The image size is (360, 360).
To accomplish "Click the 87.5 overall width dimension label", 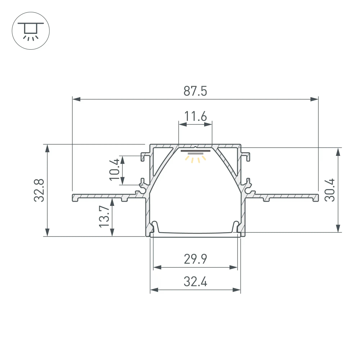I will coord(195,91).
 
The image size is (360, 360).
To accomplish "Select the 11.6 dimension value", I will coord(195,117).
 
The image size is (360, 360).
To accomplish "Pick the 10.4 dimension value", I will coord(114,170).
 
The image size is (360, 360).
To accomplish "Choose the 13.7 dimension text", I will coord(104,216).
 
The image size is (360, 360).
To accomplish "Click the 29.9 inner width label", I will coord(195,259).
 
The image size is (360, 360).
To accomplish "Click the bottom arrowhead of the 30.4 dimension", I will coord(338,229).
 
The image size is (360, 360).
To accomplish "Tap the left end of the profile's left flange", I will coord(73,197).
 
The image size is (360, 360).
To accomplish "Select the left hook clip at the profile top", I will coord(146,156).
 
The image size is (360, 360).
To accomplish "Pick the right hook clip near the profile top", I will coord(246,156).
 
